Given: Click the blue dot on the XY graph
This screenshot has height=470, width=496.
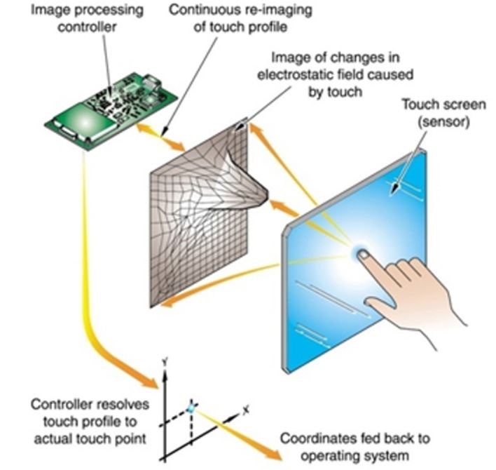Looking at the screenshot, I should point(190,408).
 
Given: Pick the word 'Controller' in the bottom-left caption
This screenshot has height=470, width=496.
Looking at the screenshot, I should point(58,405).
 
